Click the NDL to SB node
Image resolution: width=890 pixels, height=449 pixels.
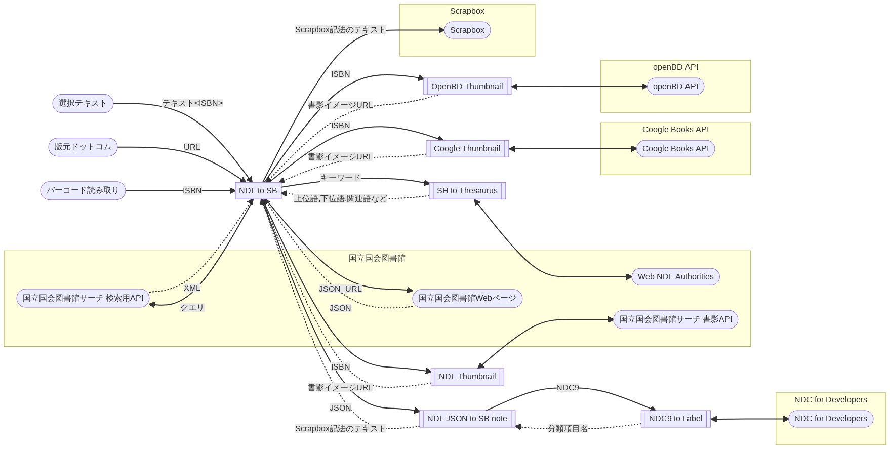(x=258, y=191)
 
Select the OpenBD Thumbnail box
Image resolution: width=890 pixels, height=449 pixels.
(x=467, y=87)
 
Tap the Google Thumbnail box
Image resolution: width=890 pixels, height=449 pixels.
(x=467, y=149)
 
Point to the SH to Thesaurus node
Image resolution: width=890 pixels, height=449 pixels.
(x=467, y=191)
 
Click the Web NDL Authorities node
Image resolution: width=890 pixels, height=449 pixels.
(x=675, y=277)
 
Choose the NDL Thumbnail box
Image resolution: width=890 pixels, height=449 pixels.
(x=467, y=377)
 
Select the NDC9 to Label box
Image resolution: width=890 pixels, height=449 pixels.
(x=675, y=419)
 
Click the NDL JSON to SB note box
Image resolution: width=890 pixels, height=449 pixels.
(x=467, y=419)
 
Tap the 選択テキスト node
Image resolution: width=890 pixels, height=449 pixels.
(x=83, y=103)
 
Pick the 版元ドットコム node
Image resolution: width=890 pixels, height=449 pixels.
(x=83, y=147)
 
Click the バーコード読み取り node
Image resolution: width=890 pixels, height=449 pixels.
(x=83, y=191)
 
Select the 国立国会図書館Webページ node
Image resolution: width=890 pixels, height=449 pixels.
(x=467, y=298)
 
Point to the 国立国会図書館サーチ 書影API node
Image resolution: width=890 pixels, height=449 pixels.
(x=675, y=319)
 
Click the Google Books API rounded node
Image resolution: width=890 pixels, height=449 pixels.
(x=675, y=149)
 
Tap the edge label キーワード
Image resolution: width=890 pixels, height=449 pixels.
(x=341, y=178)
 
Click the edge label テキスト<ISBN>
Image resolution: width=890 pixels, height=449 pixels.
(x=192, y=103)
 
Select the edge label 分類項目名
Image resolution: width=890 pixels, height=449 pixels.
(x=568, y=429)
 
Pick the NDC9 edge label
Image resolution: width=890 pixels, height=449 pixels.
(x=568, y=388)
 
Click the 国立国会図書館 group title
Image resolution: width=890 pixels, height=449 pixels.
(x=377, y=258)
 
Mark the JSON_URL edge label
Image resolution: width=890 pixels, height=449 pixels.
(x=340, y=289)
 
